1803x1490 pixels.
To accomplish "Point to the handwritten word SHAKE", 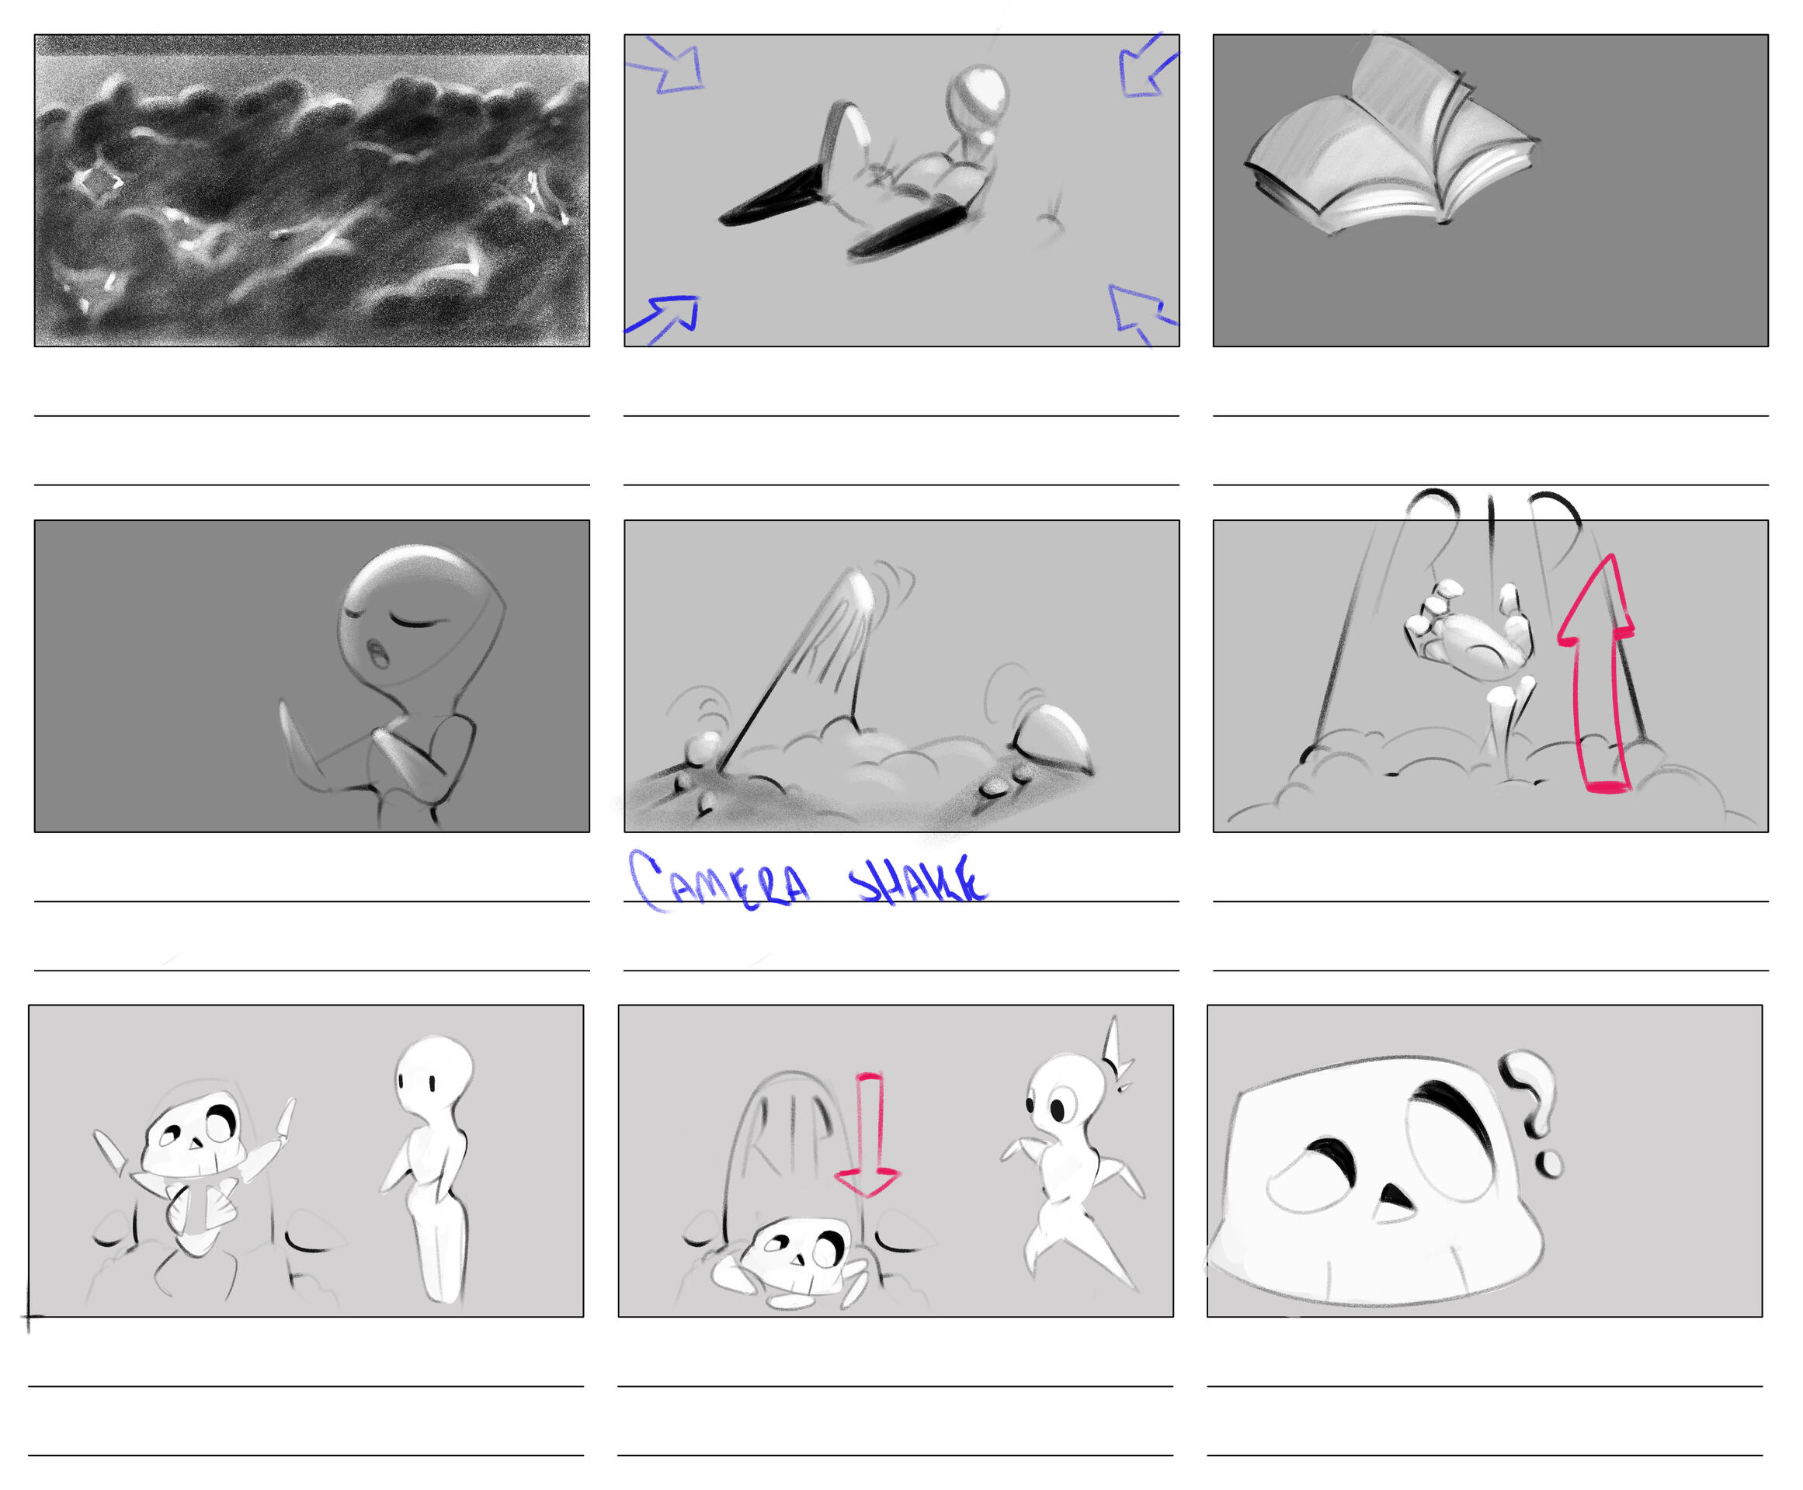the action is coord(916,880).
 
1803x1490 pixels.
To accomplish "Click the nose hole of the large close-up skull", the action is coord(1394,1202).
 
